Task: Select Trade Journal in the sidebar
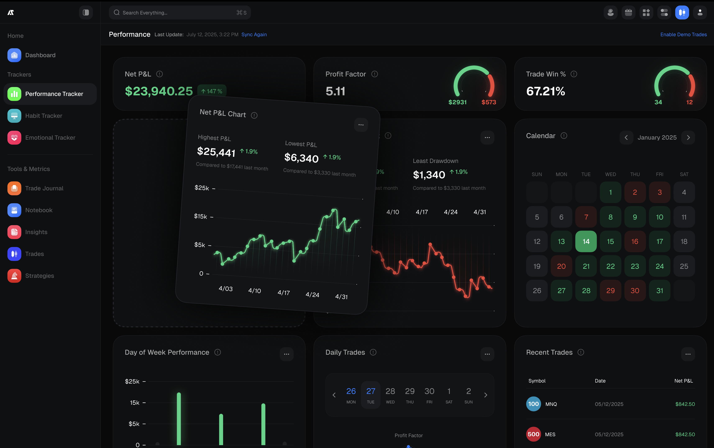point(44,188)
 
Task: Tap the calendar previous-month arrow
point(626,137)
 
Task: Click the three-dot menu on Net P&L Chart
point(361,125)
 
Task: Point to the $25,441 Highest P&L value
point(216,152)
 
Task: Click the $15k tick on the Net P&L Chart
point(201,216)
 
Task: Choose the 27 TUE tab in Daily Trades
point(371,395)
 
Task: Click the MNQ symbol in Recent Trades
point(551,404)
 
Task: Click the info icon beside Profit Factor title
point(375,74)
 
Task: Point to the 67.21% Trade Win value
point(545,91)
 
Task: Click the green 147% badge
point(211,91)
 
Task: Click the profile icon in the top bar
point(700,13)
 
